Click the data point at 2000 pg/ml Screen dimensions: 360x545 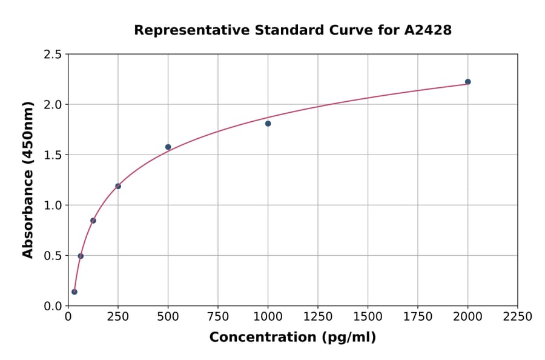click(x=467, y=82)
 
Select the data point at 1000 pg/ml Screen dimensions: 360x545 click(x=268, y=124)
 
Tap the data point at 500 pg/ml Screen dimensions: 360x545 click(x=168, y=147)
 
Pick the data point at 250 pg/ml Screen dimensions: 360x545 click(x=118, y=186)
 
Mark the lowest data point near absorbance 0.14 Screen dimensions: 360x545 click(x=74, y=292)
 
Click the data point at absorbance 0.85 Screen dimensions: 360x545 click(x=93, y=221)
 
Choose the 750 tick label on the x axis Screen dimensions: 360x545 click(x=218, y=317)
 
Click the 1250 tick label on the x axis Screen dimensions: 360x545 click(x=318, y=317)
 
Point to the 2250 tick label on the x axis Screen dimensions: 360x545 click(x=518, y=317)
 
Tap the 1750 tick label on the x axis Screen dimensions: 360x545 click(x=418, y=317)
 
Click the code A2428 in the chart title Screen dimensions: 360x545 click(x=428, y=30)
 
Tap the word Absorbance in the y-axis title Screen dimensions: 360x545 click(x=28, y=213)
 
